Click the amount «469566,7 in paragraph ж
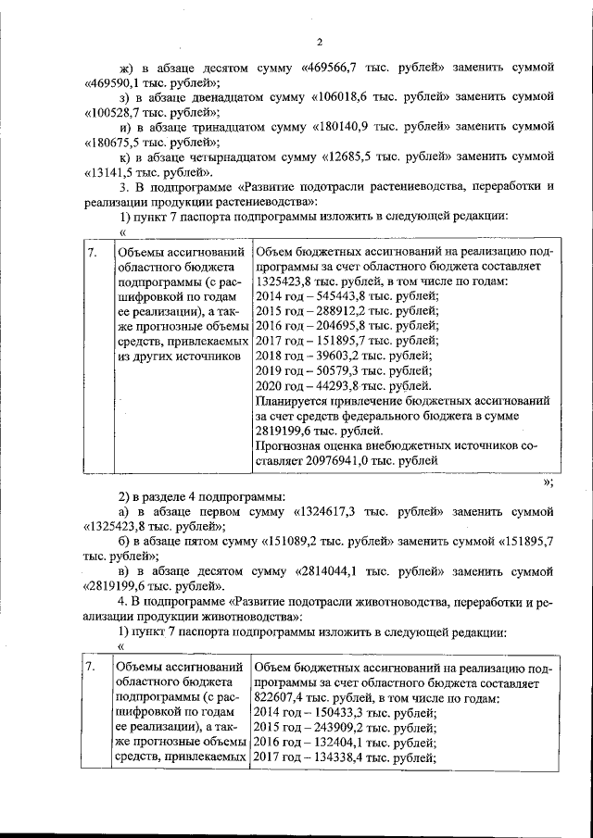tap(334, 68)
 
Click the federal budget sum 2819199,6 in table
tap(285, 431)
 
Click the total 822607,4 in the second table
tap(282, 698)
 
